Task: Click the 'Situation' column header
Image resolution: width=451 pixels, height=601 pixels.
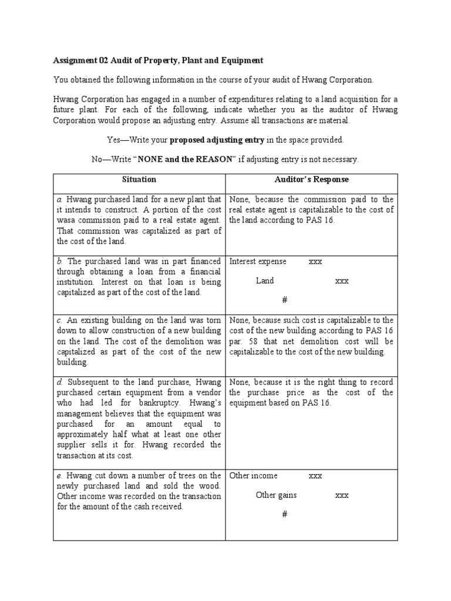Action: pyautogui.click(x=139, y=179)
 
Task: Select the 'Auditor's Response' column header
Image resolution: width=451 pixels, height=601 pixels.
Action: pyautogui.click(x=312, y=179)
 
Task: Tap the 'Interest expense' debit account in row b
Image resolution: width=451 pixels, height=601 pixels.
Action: pyautogui.click(x=258, y=261)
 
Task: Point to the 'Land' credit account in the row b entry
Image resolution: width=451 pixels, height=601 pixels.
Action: pyautogui.click(x=265, y=281)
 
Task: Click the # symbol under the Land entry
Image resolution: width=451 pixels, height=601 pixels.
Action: pyautogui.click(x=284, y=300)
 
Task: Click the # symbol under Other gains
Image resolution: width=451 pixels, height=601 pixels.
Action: pyautogui.click(x=284, y=514)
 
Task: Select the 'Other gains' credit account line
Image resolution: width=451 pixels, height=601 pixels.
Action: pyautogui.click(x=276, y=495)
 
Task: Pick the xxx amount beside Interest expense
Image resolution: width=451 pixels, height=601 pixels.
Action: pyautogui.click(x=315, y=261)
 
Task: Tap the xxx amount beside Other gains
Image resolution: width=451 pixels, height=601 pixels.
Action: pyautogui.click(x=342, y=495)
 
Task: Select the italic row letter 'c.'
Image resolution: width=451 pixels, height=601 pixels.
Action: pyautogui.click(x=60, y=320)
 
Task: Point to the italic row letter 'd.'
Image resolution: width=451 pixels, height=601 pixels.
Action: pyautogui.click(x=60, y=382)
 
